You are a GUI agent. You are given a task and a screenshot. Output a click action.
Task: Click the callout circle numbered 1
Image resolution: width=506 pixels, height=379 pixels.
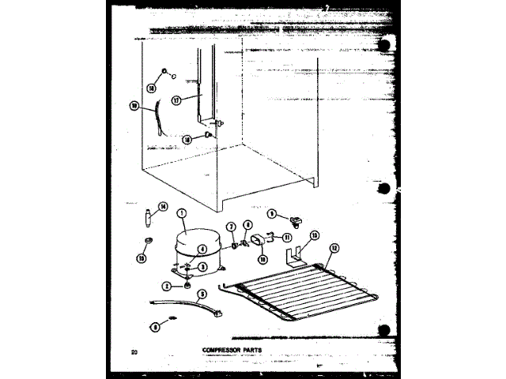[x=182, y=212]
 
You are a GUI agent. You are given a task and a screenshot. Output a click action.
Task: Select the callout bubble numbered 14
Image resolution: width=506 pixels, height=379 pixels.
[x=163, y=208]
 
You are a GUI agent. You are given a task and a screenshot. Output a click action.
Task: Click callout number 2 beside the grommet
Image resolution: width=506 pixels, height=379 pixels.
[x=167, y=287]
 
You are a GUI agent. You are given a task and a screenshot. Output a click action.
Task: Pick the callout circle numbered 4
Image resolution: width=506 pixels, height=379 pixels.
[x=202, y=250]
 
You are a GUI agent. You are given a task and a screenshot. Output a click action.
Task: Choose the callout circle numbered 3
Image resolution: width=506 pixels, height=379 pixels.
[x=203, y=267]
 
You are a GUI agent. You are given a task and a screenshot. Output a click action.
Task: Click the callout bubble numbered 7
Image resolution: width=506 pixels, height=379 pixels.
[x=232, y=227]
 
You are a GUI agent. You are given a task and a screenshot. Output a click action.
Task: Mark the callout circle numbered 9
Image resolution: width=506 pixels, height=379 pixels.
[x=271, y=213]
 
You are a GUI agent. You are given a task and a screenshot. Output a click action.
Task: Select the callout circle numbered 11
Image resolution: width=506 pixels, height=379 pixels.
[x=287, y=237]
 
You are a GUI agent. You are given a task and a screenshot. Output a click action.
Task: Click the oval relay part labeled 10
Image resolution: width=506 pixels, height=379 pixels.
[x=257, y=240]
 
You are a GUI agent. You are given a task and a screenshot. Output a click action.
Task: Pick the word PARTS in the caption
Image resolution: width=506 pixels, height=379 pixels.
[x=251, y=348]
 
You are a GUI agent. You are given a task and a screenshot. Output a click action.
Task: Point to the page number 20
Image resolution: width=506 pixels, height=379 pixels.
[x=135, y=348]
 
